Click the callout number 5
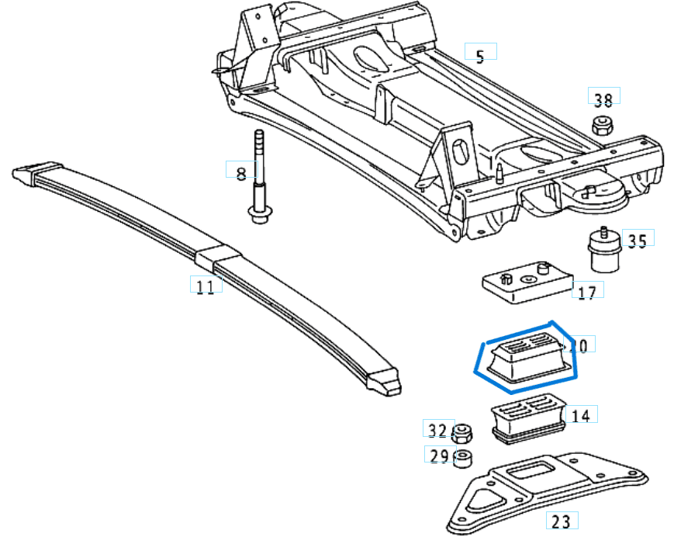click(480, 54)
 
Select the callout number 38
click(603, 99)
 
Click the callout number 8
click(240, 172)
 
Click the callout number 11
click(205, 287)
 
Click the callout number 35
click(636, 241)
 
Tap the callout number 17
click(587, 293)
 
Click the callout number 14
click(580, 416)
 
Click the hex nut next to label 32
click(463, 431)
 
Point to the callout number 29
click(439, 456)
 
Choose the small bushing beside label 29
click(463, 458)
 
